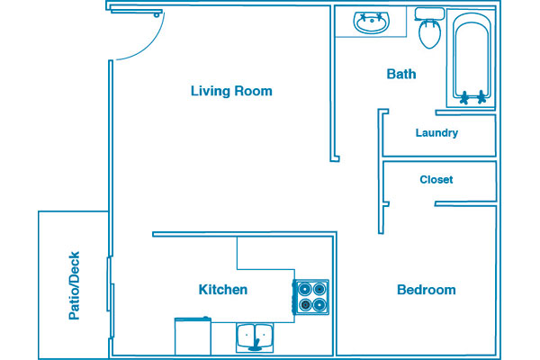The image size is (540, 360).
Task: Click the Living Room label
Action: coord(231,91)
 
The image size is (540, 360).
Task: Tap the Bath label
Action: coord(401,74)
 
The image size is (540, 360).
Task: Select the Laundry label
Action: coord(436,133)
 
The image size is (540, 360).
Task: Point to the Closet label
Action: coord(436,179)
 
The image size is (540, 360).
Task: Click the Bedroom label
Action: coord(427,290)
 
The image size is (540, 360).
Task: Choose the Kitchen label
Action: coord(223,290)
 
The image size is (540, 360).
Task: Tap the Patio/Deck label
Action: coord(74,285)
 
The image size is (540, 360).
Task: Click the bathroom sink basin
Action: coord(372,22)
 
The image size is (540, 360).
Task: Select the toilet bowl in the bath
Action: coord(430,34)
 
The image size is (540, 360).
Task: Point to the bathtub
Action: coord(472,58)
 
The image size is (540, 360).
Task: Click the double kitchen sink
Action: coord(255,337)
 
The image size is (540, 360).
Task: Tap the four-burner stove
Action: coord(311,297)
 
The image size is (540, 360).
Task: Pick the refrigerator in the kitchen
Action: coord(193,336)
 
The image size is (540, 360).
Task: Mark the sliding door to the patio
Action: coord(111,297)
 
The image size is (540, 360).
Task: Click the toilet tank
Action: coord(429,14)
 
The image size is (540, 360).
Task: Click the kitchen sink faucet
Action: coord(255,346)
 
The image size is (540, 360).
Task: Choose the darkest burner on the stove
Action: coord(305,304)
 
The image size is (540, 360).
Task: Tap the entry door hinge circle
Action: coord(157,15)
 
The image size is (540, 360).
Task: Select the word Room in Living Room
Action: coord(253,91)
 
